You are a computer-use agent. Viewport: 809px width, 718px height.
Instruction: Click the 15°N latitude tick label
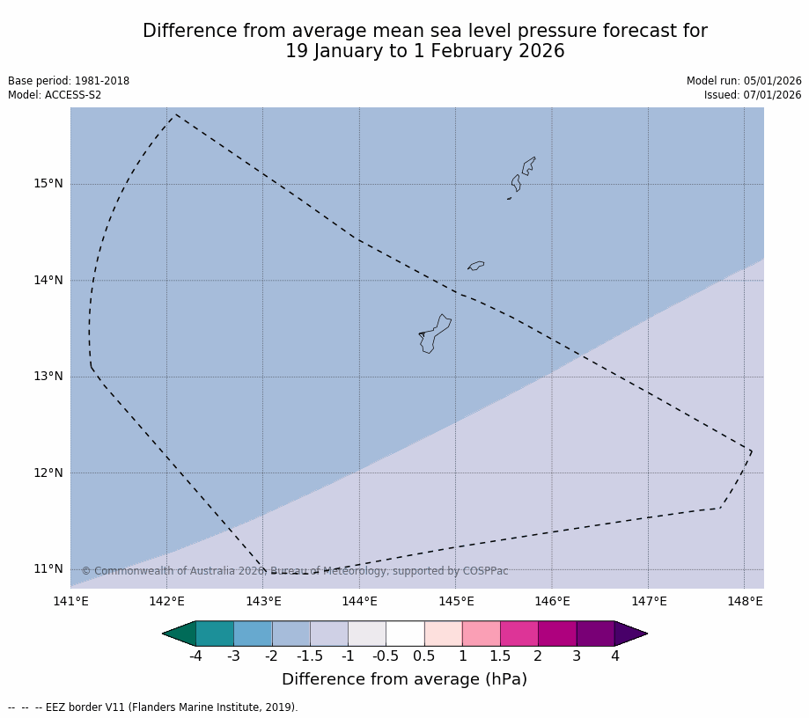[48, 184]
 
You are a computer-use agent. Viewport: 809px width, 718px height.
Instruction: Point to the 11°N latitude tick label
[48, 568]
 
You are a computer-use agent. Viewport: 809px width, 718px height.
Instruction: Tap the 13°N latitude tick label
[48, 377]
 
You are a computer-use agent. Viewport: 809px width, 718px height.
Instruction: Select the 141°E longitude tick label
[70, 601]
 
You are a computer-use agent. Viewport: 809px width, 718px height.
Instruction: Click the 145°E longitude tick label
[456, 601]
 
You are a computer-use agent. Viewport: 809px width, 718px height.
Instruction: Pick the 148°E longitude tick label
[745, 601]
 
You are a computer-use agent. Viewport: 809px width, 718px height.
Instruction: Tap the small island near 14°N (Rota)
[476, 265]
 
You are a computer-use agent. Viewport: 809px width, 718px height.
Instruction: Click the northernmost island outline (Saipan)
[528, 165]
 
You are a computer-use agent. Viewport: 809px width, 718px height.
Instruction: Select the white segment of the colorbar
[405, 634]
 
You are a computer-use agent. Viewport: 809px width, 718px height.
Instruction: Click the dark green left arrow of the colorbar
[180, 634]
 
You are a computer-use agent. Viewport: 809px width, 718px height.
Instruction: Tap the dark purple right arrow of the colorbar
[630, 634]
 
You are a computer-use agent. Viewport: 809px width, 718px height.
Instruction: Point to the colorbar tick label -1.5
[310, 656]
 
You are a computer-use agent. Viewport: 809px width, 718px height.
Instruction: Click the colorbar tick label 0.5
[424, 656]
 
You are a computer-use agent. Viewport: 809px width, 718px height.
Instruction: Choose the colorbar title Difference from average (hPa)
[404, 679]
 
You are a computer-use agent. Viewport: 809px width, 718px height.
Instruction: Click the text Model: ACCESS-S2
[55, 95]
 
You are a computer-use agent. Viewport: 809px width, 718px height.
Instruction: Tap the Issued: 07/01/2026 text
[753, 95]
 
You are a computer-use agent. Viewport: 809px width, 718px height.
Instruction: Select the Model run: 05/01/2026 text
[744, 81]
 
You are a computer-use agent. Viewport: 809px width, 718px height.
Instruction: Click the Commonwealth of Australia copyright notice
[295, 571]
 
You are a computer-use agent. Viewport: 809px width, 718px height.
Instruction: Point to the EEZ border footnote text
[153, 707]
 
